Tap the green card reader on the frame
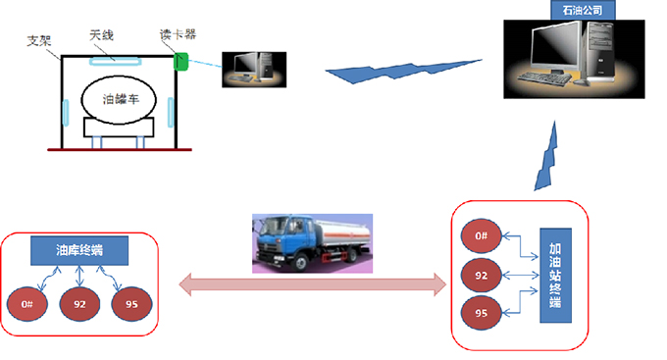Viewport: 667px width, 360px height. [180, 62]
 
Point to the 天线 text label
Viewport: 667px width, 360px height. [102, 34]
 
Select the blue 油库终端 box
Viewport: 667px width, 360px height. [80, 250]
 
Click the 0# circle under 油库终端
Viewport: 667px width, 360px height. [28, 305]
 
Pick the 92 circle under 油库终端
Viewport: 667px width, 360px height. [80, 305]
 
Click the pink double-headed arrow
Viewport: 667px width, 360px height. [314, 285]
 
